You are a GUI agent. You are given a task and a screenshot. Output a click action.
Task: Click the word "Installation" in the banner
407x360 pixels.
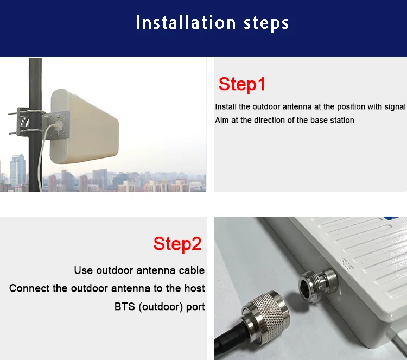click(186, 22)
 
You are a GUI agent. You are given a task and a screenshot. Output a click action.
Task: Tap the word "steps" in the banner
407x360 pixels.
click(266, 23)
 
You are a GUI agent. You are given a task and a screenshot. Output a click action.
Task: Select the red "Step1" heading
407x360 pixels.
click(242, 84)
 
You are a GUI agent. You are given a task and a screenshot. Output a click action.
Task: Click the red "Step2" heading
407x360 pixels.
click(177, 244)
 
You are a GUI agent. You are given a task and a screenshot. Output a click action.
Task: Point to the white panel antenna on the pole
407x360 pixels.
click(84, 127)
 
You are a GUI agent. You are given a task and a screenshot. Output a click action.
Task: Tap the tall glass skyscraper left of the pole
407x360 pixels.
click(18, 169)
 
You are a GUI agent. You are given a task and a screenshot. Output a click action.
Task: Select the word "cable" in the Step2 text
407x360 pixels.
click(192, 270)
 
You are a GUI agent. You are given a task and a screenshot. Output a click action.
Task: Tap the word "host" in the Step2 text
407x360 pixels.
click(195, 288)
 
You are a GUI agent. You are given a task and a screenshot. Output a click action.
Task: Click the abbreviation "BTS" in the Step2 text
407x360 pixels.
click(125, 307)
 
